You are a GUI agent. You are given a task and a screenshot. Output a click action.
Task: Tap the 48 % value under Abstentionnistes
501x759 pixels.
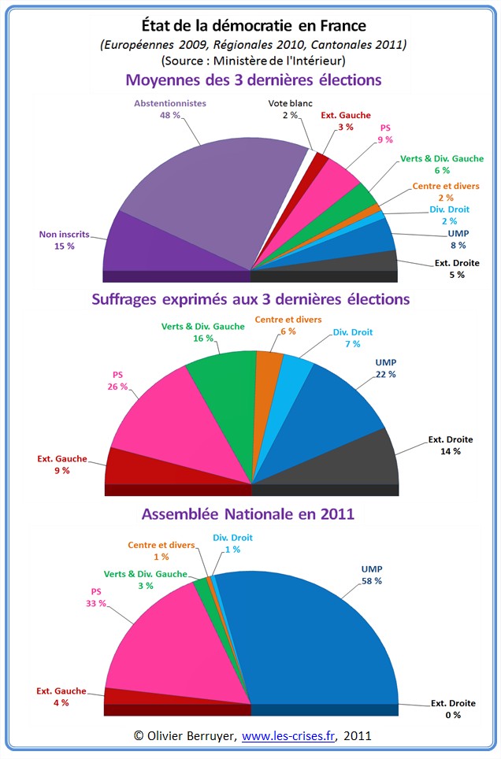click(170, 115)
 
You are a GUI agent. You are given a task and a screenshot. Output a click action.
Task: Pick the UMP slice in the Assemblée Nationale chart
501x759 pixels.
click(315, 638)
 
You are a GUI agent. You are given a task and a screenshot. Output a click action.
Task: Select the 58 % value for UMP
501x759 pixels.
click(372, 580)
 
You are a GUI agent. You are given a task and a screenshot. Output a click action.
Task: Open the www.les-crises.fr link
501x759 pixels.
click(290, 736)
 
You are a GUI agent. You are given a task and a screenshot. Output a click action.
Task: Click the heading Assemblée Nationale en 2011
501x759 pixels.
click(248, 514)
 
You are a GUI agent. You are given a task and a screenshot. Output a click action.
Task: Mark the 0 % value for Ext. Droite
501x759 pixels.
click(452, 714)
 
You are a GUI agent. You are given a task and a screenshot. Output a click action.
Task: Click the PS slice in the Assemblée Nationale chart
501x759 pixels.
click(173, 646)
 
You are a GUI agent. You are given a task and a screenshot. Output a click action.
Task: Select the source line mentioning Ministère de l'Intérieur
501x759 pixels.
click(253, 60)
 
